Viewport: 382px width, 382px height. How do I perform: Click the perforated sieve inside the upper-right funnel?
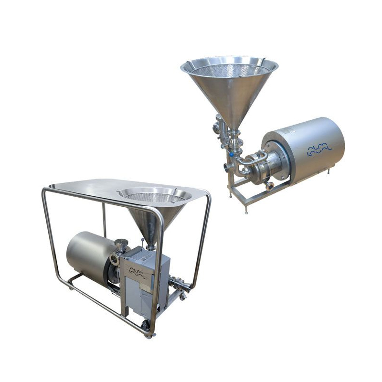[229, 69]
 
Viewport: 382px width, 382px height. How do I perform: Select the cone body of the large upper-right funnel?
[229, 100]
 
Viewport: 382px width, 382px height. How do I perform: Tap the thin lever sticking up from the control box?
[157, 244]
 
